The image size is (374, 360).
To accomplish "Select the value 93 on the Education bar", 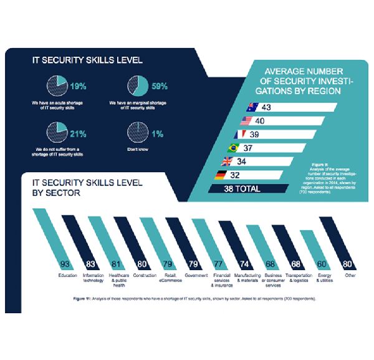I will click(63, 263).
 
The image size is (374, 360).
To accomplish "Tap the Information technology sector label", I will click(93, 278).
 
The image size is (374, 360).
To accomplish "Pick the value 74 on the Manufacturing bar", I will click(244, 263).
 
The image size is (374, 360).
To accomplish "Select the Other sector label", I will click(350, 275).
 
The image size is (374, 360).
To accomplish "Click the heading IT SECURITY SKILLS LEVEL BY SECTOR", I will click(87, 188).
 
